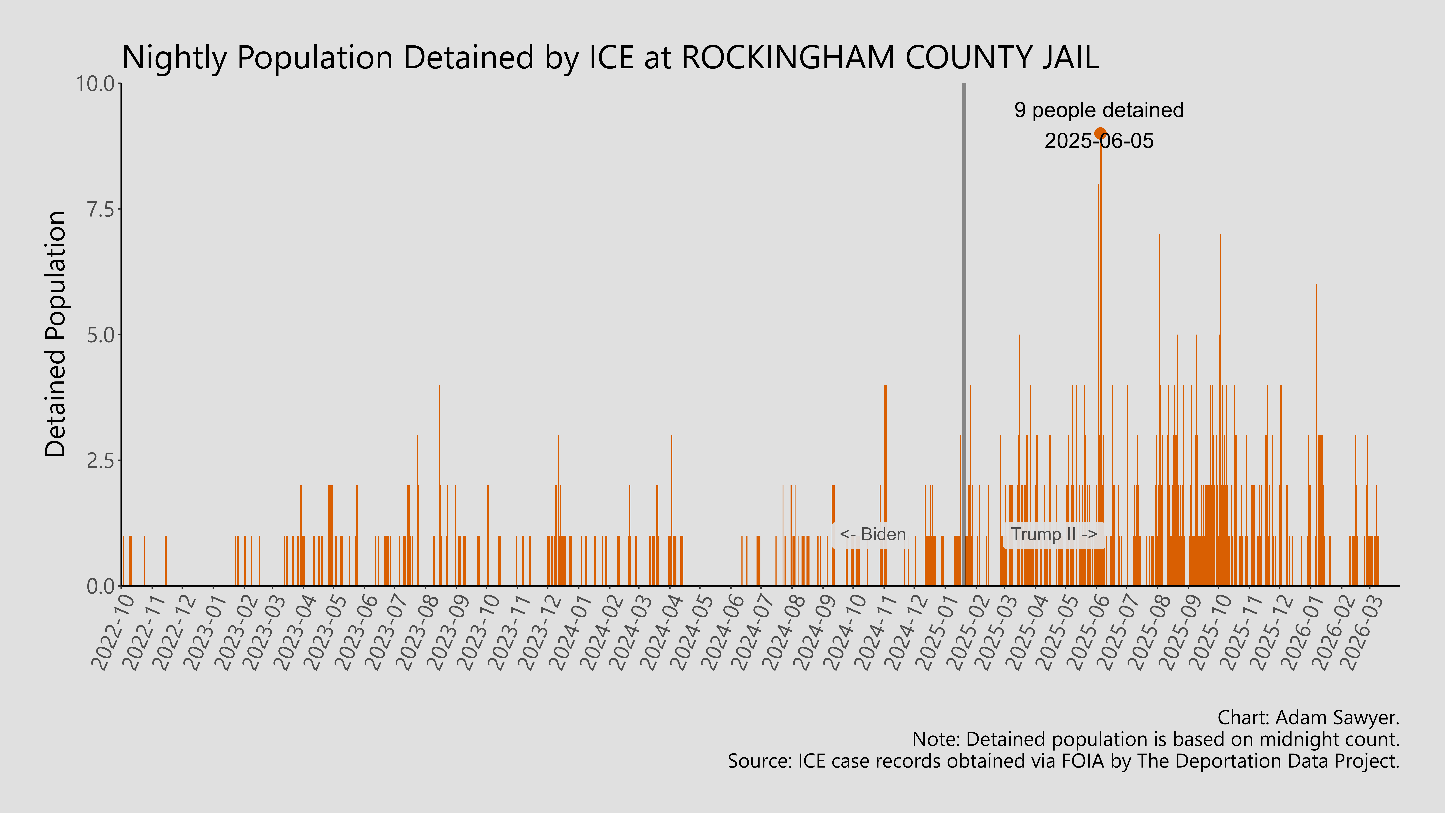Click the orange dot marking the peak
pyautogui.click(x=1100, y=134)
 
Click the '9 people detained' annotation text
pyautogui.click(x=1099, y=110)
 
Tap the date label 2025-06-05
pyautogui.click(x=1099, y=140)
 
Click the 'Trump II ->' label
pyautogui.click(x=1053, y=534)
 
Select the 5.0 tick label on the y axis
pyautogui.click(x=100, y=335)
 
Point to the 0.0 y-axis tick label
pyautogui.click(x=100, y=586)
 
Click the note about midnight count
pyautogui.click(x=1156, y=740)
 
